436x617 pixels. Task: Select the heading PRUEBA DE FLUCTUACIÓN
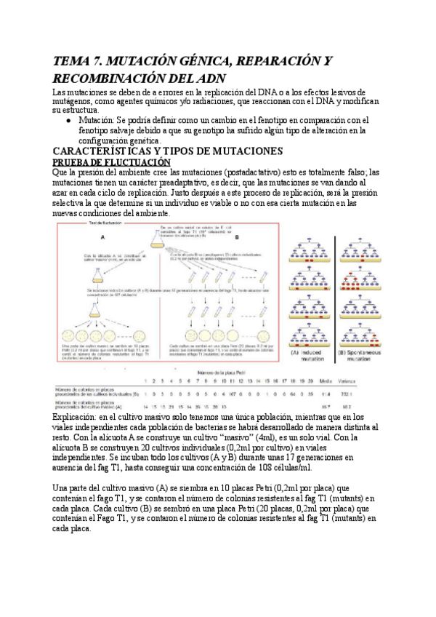(111, 162)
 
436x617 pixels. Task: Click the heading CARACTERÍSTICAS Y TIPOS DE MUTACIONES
(167, 151)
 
